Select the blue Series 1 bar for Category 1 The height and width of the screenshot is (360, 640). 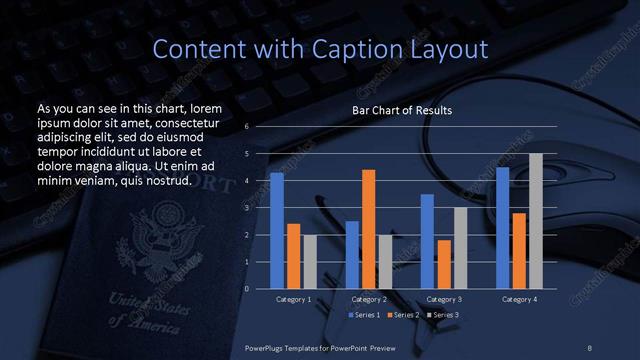click(277, 231)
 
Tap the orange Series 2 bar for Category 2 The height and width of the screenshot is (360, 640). click(369, 229)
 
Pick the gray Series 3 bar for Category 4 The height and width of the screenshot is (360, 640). click(536, 221)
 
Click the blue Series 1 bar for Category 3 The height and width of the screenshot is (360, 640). click(427, 241)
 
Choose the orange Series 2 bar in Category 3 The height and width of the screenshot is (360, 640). click(444, 264)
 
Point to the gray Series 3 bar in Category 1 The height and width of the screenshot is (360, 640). click(309, 262)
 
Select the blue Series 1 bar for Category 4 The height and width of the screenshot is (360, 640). click(503, 228)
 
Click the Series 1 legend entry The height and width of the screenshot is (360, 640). click(364, 315)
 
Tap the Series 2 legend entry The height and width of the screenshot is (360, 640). click(402, 315)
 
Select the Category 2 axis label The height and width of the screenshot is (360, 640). click(369, 299)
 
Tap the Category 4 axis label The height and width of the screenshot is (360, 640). click(519, 299)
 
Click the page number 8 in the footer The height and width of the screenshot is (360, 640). click(590, 346)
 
